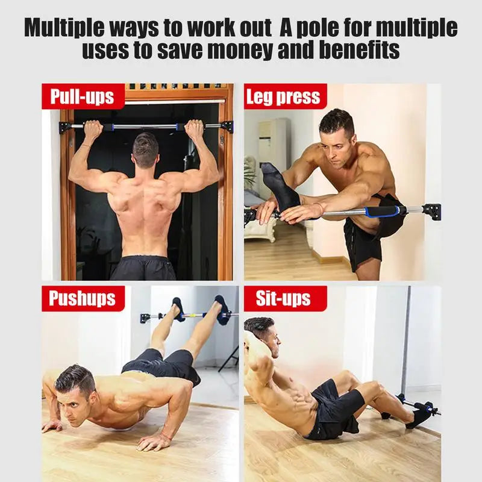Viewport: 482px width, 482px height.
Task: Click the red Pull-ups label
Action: tap(83, 97)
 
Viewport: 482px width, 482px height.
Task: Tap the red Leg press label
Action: tap(283, 97)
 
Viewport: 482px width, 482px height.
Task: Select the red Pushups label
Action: tap(83, 299)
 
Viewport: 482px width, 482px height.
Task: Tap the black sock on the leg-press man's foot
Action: tap(278, 184)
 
